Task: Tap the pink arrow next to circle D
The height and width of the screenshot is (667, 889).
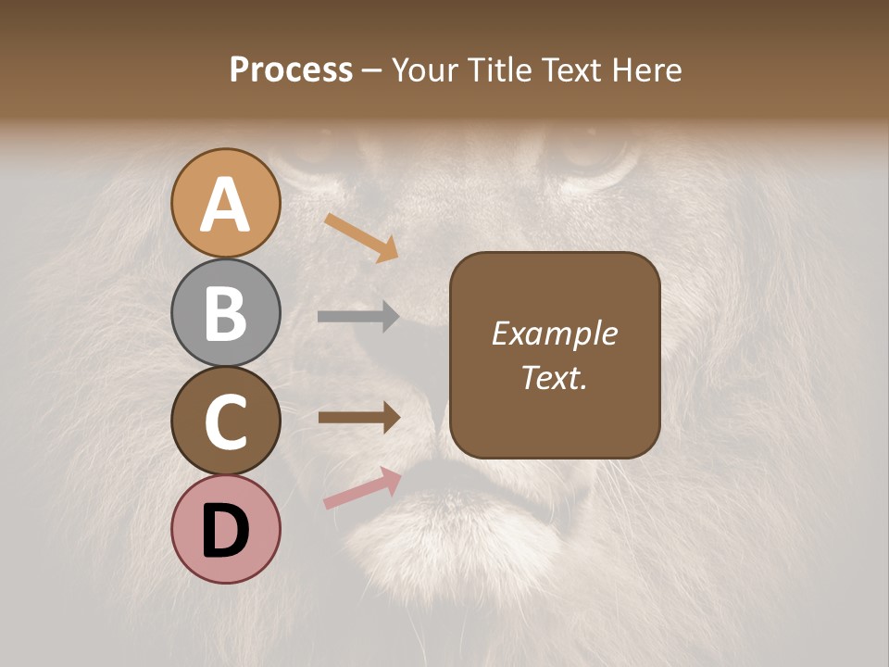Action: coord(362,488)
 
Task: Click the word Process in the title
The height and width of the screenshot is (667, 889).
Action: coord(291,69)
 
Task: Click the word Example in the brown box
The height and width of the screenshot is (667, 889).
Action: coord(554,333)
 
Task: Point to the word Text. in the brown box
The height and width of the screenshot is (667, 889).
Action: coord(554,377)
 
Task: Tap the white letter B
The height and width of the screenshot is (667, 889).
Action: coord(225,313)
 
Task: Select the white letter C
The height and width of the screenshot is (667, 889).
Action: coord(225,422)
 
